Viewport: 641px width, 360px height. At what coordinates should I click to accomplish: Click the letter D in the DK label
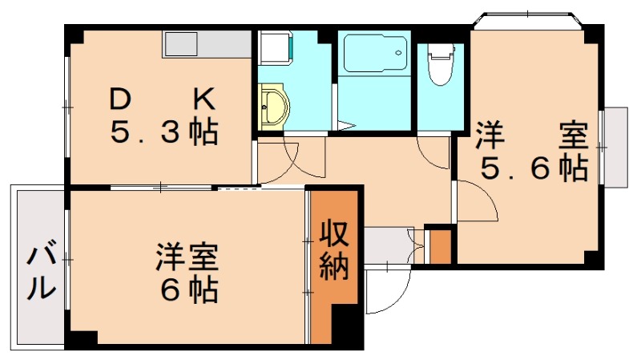point(119,99)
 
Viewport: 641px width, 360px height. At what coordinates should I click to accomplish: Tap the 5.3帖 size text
point(163,131)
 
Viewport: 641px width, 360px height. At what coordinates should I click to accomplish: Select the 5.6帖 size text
point(534,168)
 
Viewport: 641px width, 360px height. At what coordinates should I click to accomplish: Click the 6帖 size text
point(189,292)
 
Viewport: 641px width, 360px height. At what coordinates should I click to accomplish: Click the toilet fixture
point(439,64)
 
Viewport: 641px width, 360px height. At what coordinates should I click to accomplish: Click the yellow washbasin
point(275,107)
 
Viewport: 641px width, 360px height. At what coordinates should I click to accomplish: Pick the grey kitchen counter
point(208,44)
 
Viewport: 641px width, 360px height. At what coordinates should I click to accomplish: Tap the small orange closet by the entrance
point(440,247)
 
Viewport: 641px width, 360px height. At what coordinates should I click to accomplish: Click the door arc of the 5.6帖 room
point(478,200)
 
